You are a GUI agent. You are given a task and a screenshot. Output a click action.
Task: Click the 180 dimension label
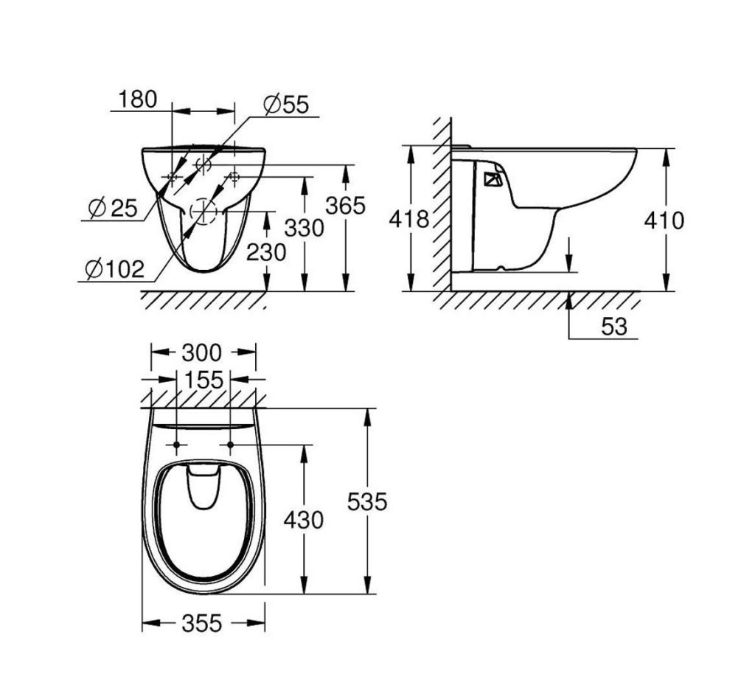click(x=138, y=100)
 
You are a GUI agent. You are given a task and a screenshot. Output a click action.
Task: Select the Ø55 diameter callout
click(x=285, y=105)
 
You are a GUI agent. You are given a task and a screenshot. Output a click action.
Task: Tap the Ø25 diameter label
click(x=112, y=209)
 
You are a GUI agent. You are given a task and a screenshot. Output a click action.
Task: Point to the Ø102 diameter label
click(x=114, y=269)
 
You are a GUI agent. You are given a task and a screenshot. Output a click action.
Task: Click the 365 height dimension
click(x=346, y=206)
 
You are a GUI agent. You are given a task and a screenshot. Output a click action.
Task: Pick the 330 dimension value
click(x=305, y=229)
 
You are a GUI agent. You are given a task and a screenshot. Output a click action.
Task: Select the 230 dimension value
click(x=266, y=253)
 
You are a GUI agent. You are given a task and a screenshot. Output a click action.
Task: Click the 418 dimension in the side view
click(x=409, y=218)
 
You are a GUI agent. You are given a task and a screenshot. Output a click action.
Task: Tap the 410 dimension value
click(x=664, y=220)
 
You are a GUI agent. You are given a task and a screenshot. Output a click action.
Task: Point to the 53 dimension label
click(x=613, y=327)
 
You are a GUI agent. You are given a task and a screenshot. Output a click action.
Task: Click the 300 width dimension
click(x=203, y=352)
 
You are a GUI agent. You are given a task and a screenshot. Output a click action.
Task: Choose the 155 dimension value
click(x=203, y=380)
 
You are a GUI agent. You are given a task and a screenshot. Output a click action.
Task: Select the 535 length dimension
click(x=367, y=501)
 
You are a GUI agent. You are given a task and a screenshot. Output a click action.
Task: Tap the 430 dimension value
click(x=304, y=520)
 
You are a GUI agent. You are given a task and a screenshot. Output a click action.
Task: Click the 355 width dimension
click(x=202, y=624)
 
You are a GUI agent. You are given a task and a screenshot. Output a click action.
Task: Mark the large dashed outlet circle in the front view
click(x=204, y=212)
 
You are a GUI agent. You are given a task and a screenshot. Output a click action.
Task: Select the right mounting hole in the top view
click(x=231, y=445)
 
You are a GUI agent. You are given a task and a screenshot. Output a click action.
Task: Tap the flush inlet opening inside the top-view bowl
click(x=204, y=487)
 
